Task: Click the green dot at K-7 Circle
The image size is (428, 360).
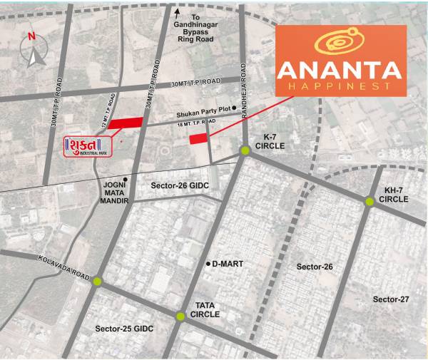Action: click(x=245, y=150)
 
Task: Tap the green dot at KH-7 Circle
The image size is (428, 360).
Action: click(x=370, y=202)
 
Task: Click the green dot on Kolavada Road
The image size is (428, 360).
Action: click(x=98, y=282)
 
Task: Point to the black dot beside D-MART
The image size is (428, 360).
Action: click(x=208, y=264)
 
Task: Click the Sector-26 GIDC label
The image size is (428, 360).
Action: click(x=178, y=185)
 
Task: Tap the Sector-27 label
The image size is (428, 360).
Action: click(x=391, y=299)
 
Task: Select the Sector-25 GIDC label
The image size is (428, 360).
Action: click(x=124, y=329)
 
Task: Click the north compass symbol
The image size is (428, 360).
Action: click(x=32, y=51)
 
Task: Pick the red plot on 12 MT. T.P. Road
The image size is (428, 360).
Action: click(x=125, y=123)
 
